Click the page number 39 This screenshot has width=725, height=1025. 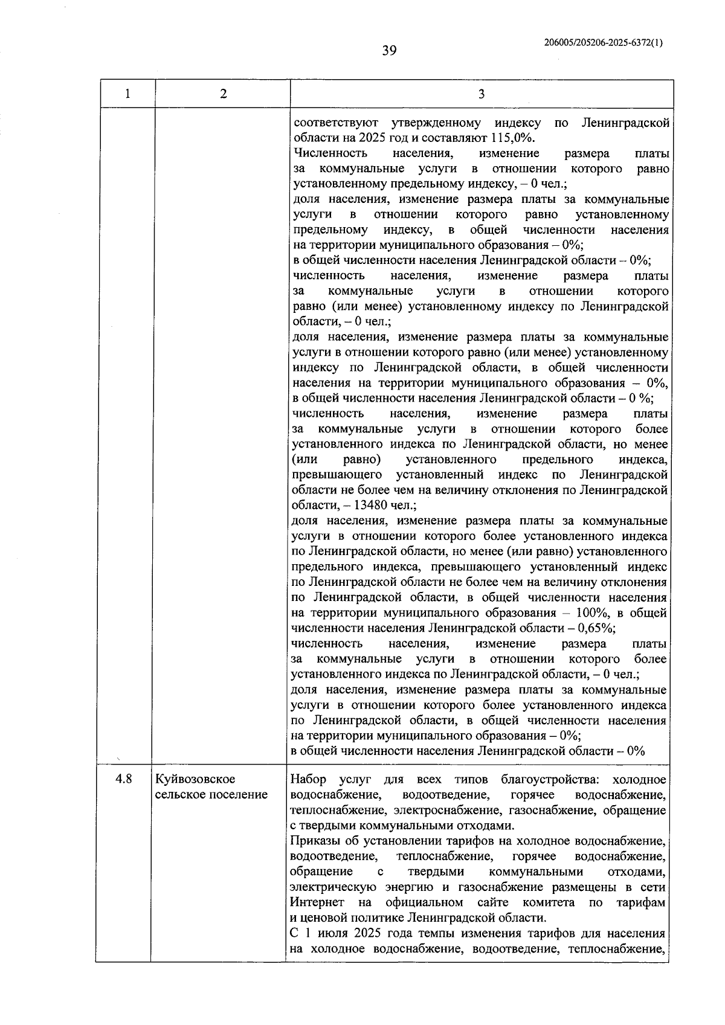[389, 51]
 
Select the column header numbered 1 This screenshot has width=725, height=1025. [127, 94]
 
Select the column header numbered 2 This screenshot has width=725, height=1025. [223, 94]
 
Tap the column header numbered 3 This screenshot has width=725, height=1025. [481, 94]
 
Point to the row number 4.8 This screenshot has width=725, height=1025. [124, 779]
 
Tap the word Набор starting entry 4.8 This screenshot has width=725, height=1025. [308, 779]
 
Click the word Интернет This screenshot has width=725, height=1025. [317, 902]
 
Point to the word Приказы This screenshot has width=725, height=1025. [314, 841]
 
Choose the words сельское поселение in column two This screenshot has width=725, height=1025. [211, 794]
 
